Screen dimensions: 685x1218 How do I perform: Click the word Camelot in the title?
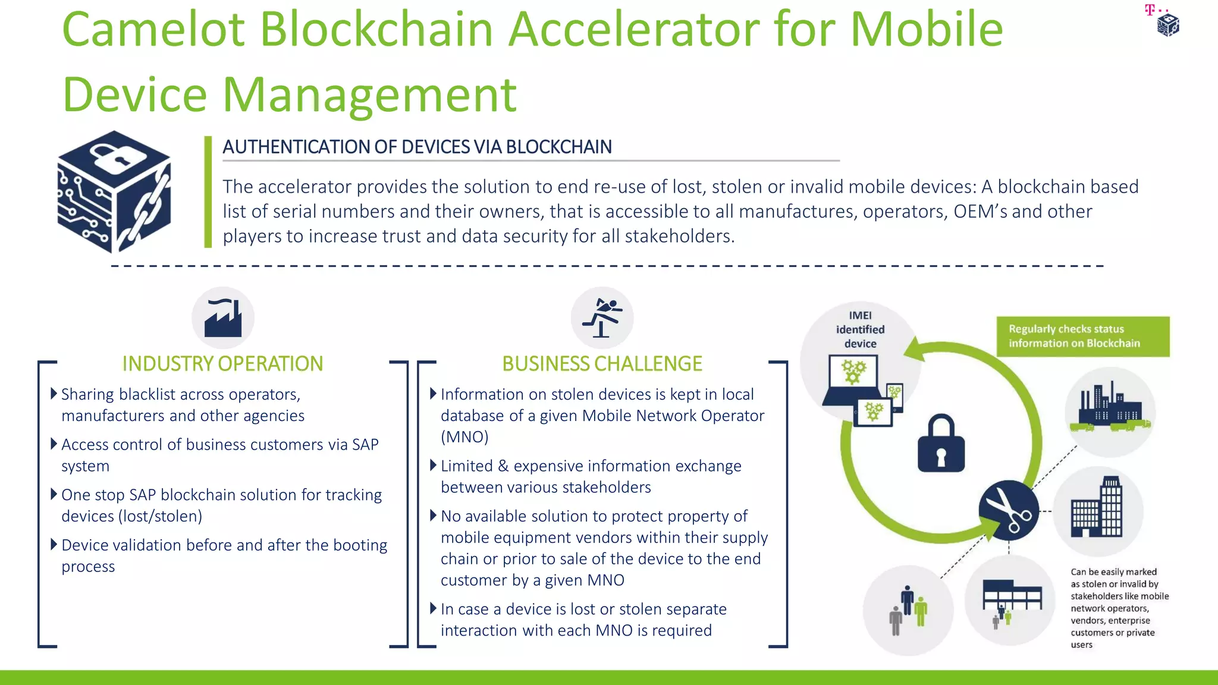coord(153,30)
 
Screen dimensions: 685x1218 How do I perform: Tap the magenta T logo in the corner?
coord(1150,10)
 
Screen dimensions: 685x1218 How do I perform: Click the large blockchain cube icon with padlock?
coord(114,191)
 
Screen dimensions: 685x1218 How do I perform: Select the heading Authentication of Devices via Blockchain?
coord(417,147)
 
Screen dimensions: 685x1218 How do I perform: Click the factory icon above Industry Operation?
coord(223,318)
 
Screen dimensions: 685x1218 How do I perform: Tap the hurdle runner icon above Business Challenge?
coord(602,318)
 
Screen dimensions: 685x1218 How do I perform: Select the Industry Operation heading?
coord(222,363)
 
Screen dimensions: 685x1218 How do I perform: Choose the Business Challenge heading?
coord(602,363)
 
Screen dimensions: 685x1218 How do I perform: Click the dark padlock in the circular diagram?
coord(941,444)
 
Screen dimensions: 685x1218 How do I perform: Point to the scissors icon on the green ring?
coord(1009,510)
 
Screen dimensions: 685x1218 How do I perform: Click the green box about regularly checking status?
coord(1082,337)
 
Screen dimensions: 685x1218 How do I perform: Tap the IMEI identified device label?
coord(860,329)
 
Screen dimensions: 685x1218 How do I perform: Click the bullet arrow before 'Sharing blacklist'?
coord(54,394)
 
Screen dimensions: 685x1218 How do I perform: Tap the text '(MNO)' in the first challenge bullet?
coord(464,437)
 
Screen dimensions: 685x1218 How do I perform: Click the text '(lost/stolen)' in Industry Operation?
coord(161,516)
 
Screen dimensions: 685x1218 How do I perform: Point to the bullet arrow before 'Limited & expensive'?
coord(434,465)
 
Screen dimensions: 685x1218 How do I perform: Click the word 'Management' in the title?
coord(369,95)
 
